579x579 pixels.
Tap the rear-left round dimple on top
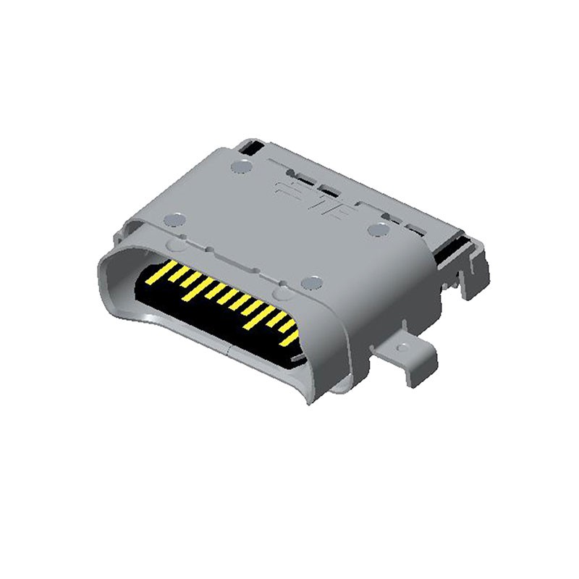(x=240, y=169)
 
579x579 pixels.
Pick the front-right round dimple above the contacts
(x=312, y=281)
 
